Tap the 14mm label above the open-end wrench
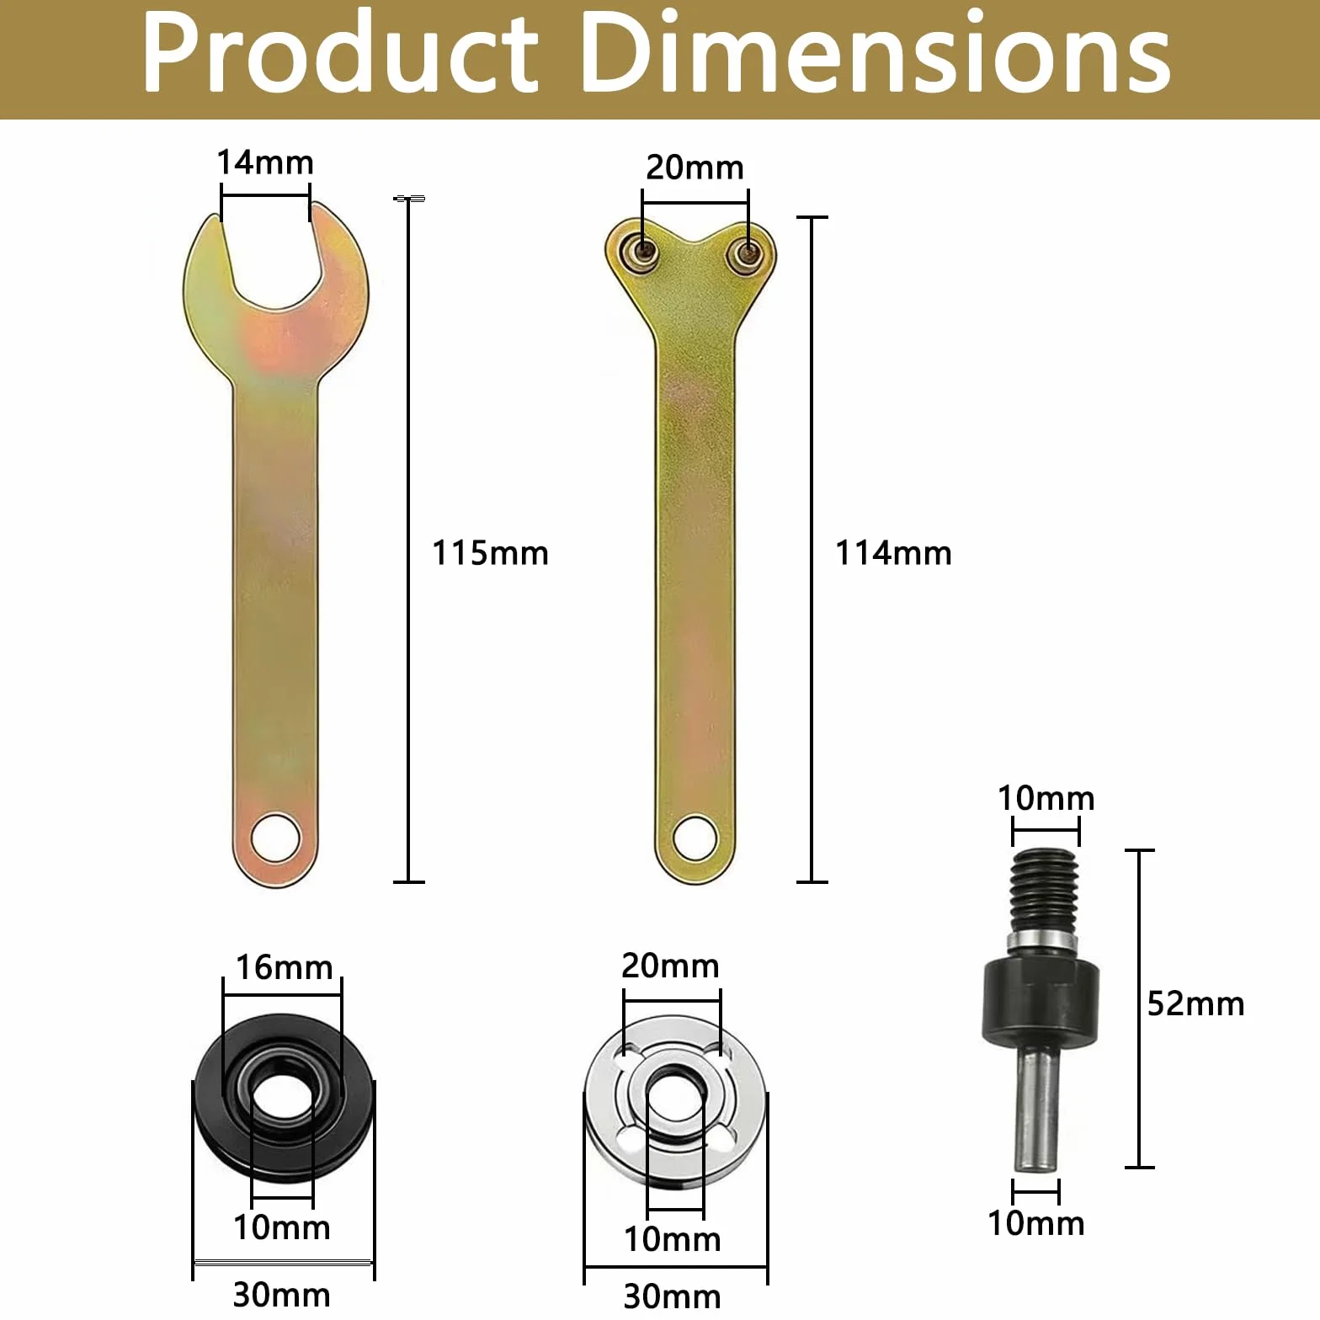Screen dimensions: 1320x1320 point(265,162)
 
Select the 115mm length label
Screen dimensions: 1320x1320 point(490,553)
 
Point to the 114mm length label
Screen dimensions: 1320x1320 point(893,553)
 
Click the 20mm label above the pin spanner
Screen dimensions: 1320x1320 point(695,168)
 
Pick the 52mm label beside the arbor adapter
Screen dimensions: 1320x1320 point(1195,1003)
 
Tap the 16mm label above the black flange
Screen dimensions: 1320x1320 point(284,967)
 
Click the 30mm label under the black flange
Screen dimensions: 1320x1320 point(282,1294)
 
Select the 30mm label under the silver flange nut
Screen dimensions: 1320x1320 point(672,1296)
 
